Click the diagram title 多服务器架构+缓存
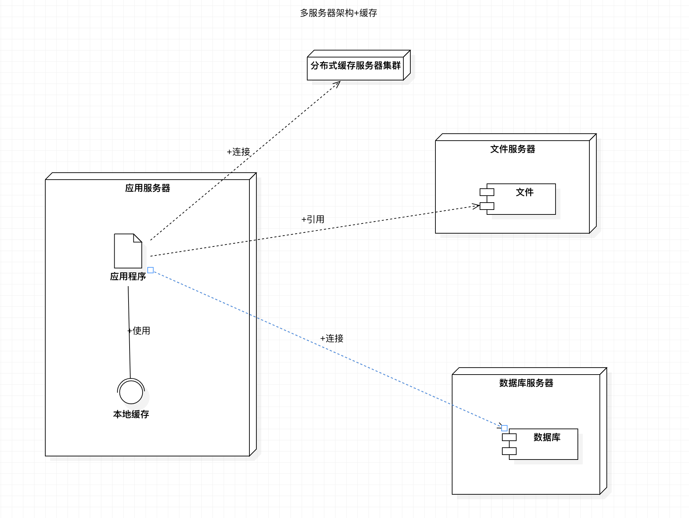click(x=338, y=13)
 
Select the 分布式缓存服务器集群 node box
click(x=355, y=65)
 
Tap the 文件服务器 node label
click(x=512, y=149)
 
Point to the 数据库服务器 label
click(x=526, y=383)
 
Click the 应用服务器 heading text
click(x=148, y=188)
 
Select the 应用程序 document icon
click(x=128, y=251)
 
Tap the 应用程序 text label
click(x=128, y=277)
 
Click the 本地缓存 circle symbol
click(x=131, y=392)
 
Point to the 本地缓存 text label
click(x=131, y=414)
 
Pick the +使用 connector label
click(x=139, y=331)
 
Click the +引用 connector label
click(x=313, y=219)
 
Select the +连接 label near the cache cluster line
click(x=239, y=152)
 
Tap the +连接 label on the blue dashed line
click(x=332, y=338)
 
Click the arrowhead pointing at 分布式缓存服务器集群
click(x=338, y=83)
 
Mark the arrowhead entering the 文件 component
click(x=477, y=206)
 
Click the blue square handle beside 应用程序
click(x=150, y=270)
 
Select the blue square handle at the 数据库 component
click(x=504, y=428)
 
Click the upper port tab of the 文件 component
click(x=487, y=192)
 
